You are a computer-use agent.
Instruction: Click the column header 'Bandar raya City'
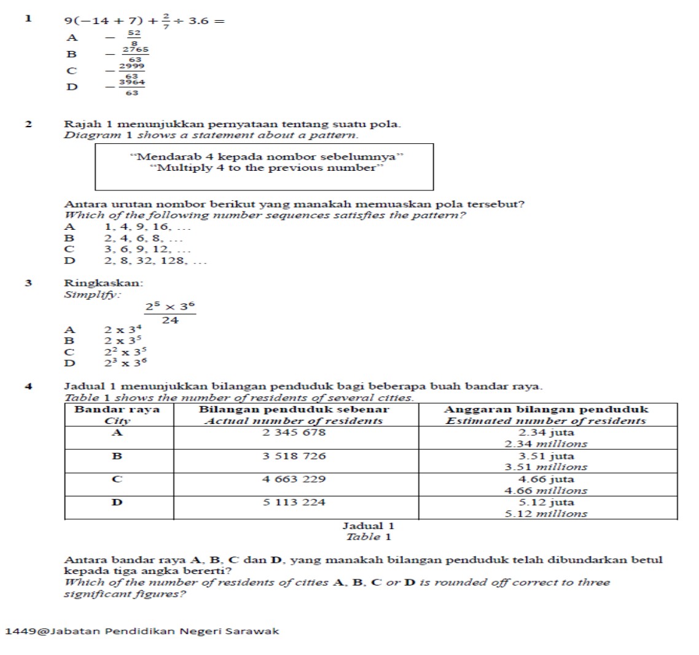point(117,415)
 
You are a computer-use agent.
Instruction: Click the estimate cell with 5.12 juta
point(546,508)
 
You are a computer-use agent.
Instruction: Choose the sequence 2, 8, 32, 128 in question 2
point(155,261)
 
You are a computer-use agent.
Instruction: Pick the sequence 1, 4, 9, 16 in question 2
point(148,227)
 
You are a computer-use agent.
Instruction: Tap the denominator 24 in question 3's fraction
point(170,320)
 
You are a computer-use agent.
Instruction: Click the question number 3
point(28,283)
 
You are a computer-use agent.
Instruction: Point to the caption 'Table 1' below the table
point(369,537)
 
